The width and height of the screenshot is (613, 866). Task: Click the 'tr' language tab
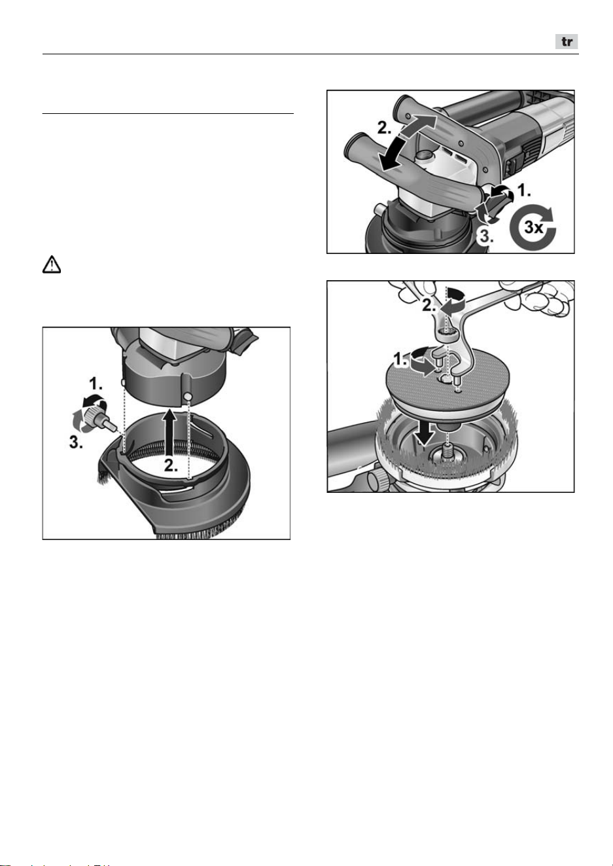567,41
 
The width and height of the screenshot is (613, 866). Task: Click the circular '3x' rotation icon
533,226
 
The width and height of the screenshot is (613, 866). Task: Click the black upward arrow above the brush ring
169,433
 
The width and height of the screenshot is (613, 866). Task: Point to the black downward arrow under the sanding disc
425,431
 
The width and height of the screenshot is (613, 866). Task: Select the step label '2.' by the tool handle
385,128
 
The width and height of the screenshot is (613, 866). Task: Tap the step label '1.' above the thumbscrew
96,384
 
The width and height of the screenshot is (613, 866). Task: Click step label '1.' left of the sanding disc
400,360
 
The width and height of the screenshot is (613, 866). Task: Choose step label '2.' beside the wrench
429,306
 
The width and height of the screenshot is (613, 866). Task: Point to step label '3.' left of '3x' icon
487,236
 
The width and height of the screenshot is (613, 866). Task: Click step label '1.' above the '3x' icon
525,190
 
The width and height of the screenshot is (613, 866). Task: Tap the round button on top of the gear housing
424,156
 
